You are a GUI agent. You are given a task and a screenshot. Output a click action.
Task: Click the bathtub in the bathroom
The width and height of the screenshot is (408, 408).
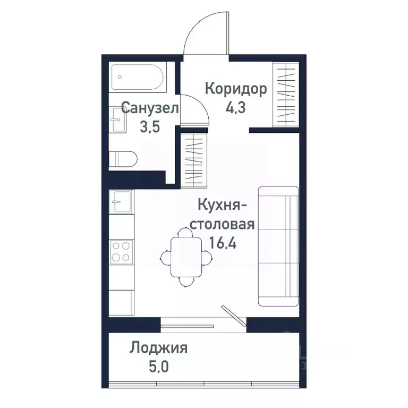point(139,79)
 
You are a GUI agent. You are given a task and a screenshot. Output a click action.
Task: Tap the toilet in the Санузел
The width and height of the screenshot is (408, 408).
point(123,159)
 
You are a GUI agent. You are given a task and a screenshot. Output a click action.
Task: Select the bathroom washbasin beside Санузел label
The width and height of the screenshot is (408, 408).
point(118,121)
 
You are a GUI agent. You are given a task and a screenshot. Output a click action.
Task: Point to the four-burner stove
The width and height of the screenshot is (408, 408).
point(121,252)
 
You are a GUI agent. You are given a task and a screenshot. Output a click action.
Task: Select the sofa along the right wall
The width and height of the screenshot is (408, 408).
point(277,246)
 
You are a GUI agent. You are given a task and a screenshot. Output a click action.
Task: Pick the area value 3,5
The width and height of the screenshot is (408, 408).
point(149,127)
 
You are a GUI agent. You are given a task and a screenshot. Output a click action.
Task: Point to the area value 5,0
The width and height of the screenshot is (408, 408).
point(158,367)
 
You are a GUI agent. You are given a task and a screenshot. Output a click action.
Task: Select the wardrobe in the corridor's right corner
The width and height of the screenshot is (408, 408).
point(285,94)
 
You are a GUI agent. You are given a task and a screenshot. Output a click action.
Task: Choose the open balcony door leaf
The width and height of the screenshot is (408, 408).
point(234,315)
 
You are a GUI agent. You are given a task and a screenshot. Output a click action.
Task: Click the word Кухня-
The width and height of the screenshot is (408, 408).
point(220,205)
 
